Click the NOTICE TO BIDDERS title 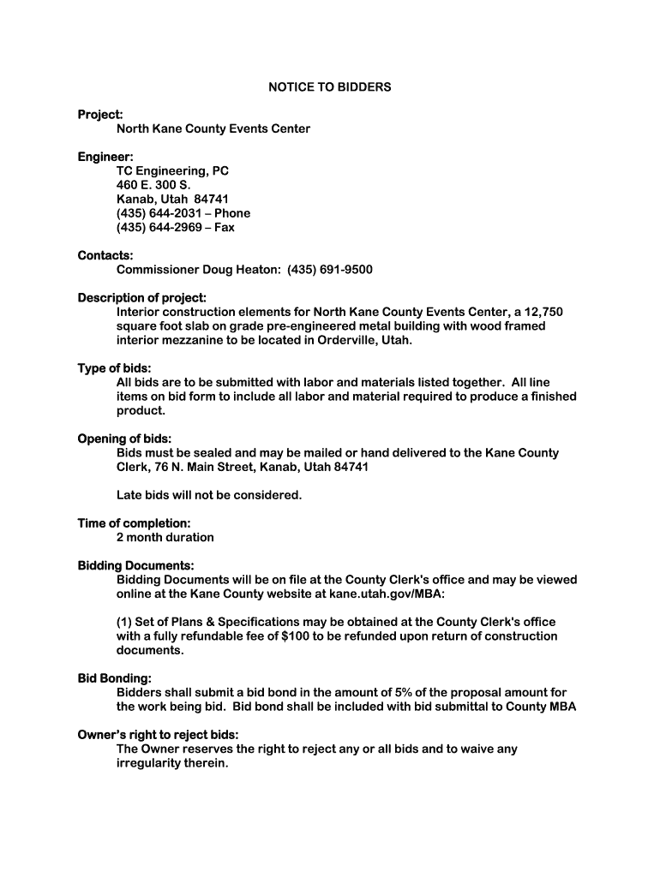(x=330, y=87)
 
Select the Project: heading (x=100, y=115)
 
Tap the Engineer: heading (x=105, y=157)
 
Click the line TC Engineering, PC (x=172, y=171)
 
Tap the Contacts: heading (x=105, y=255)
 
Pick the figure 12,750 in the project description (x=538, y=312)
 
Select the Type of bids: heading (x=114, y=368)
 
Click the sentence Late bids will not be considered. (x=209, y=495)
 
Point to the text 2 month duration (x=165, y=537)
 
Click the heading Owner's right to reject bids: (x=158, y=735)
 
